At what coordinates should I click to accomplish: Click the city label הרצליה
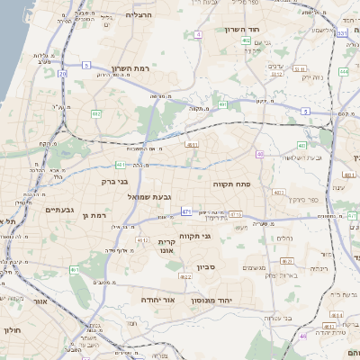139,15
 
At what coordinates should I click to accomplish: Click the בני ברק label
116,180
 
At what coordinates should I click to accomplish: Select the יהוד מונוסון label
212,299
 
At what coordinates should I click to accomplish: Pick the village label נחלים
283,238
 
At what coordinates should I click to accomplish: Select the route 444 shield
344,71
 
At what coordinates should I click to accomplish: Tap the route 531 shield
342,33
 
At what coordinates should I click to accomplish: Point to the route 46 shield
304,336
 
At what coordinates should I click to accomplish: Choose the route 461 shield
76,269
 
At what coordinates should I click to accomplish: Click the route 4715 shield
236,214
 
